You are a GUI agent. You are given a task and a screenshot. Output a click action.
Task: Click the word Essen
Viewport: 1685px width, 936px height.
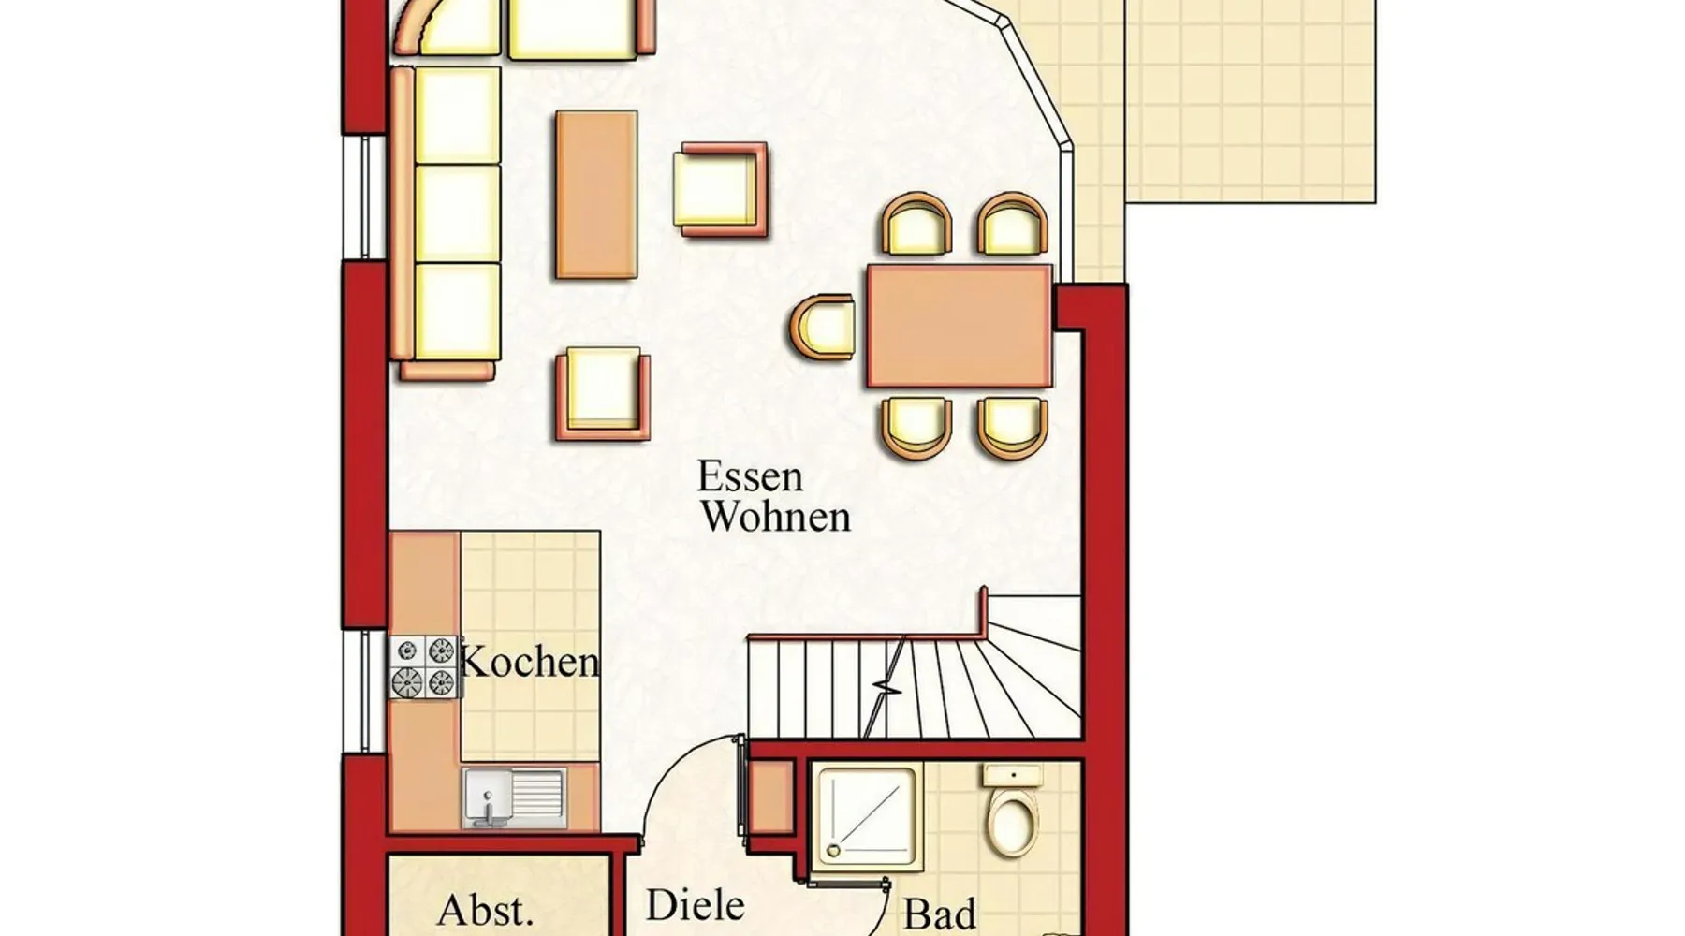pyautogui.click(x=750, y=477)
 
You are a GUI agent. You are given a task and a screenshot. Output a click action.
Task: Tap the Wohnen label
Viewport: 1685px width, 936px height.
pyautogui.click(x=776, y=517)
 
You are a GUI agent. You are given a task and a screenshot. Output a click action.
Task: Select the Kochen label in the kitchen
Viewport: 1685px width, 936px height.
pyautogui.click(x=530, y=663)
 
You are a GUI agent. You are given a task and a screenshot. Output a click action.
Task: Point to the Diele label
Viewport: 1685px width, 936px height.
pyautogui.click(x=696, y=906)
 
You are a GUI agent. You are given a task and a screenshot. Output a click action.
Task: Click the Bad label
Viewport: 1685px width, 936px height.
pyautogui.click(x=940, y=914)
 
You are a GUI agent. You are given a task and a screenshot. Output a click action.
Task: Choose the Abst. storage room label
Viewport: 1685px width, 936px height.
pyautogui.click(x=485, y=911)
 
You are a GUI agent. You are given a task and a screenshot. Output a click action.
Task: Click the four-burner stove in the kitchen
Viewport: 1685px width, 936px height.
pyautogui.click(x=426, y=666)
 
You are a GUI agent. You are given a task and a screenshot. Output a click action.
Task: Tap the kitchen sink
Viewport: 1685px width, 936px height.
pyautogui.click(x=514, y=798)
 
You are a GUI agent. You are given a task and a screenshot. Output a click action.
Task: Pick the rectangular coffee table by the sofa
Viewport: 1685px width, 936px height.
pyautogui.click(x=596, y=195)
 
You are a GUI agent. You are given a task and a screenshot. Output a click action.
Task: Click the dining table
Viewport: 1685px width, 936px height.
pyautogui.click(x=960, y=325)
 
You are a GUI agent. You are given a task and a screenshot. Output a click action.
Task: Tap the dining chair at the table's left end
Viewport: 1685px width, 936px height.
pyautogui.click(x=822, y=325)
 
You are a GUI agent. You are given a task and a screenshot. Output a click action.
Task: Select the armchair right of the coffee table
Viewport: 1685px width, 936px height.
pyautogui.click(x=723, y=189)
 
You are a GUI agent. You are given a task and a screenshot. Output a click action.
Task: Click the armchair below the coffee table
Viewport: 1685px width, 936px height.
pyautogui.click(x=603, y=393)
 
